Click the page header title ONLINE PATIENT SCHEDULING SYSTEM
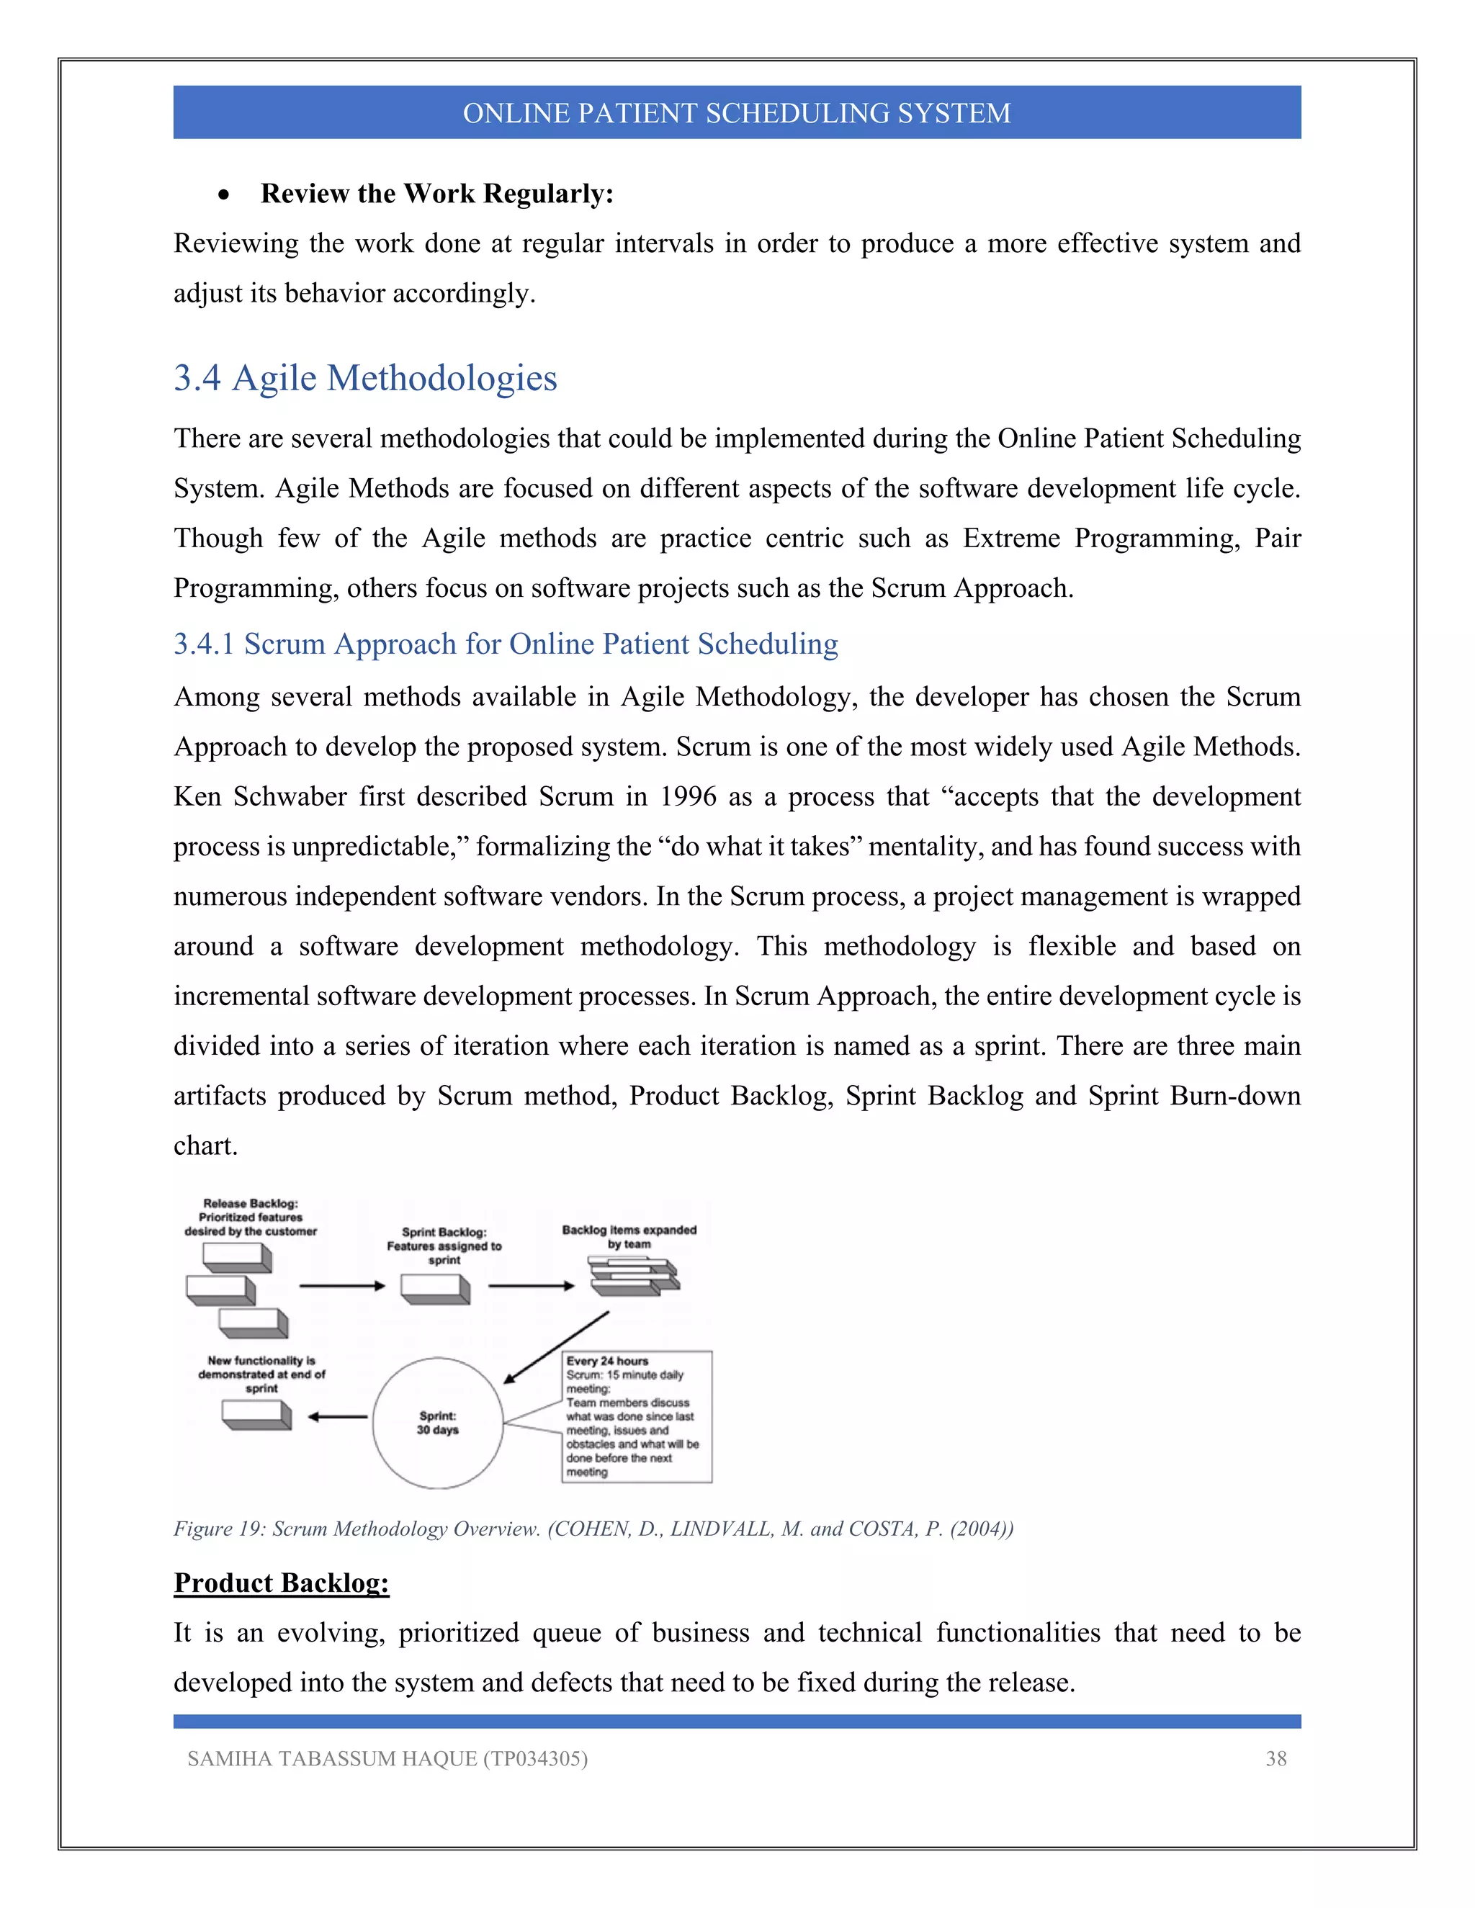click(x=737, y=114)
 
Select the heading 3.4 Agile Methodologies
click(x=365, y=378)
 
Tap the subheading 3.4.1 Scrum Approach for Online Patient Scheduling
click(x=505, y=644)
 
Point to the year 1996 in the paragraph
click(x=688, y=797)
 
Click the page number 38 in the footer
click(x=1276, y=1759)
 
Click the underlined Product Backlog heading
click(x=282, y=1583)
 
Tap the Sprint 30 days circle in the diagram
click(x=437, y=1423)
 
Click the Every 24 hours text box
click(x=636, y=1416)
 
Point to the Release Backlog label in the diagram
click(x=250, y=1217)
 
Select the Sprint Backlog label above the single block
click(x=444, y=1246)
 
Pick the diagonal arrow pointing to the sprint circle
click(x=556, y=1347)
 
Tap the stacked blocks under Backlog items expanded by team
click(x=635, y=1277)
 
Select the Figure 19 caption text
click(x=593, y=1529)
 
